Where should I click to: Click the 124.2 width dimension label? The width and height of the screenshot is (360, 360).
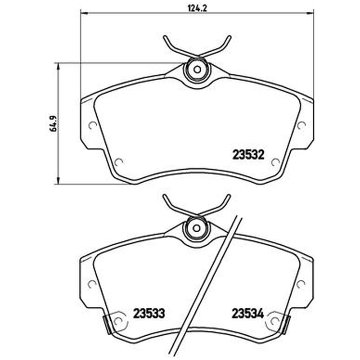[198, 9]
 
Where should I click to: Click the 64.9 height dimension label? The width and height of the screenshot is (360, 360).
[54, 123]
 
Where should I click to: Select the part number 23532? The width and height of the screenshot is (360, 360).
[248, 155]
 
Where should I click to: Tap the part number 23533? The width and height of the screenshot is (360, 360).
[149, 313]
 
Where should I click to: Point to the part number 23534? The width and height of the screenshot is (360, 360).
[248, 313]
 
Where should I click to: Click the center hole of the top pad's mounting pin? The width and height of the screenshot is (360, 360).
[197, 69]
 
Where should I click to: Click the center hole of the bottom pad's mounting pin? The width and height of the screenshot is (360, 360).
[197, 228]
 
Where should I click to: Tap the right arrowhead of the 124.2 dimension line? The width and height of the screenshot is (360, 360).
[310, 13]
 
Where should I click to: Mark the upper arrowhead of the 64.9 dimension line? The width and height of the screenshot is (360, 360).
[58, 66]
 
